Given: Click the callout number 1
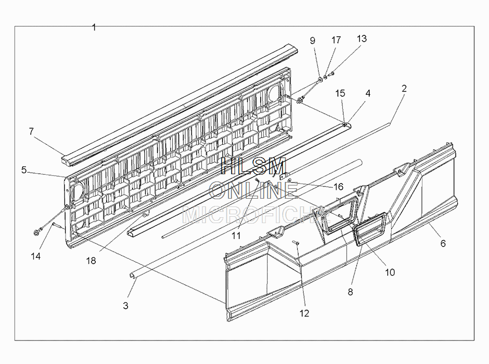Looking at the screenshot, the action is click(x=94, y=27).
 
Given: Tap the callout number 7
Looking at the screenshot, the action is click(x=31, y=132).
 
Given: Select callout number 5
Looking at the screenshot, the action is click(x=23, y=170).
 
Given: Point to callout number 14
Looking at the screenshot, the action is click(x=36, y=256).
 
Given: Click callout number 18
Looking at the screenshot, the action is click(x=91, y=261).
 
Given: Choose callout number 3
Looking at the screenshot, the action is click(x=126, y=306).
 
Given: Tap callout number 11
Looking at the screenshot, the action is click(x=236, y=235).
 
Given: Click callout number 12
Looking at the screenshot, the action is click(x=304, y=313).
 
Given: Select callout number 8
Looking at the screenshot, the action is click(x=350, y=292).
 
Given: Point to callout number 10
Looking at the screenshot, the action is click(x=390, y=273).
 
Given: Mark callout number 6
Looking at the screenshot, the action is click(x=443, y=243).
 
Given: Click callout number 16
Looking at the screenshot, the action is click(x=338, y=187).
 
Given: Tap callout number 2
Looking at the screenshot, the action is click(x=404, y=89).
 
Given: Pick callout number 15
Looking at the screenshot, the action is click(x=340, y=93).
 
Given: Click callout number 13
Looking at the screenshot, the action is click(x=362, y=39).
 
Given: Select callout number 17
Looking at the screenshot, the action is click(x=336, y=40).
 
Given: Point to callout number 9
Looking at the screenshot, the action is click(x=312, y=41).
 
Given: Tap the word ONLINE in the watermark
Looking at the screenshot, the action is click(x=253, y=190).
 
